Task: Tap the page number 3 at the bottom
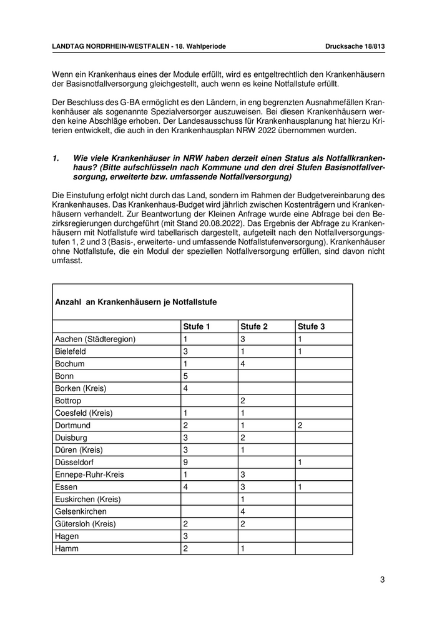(382, 580)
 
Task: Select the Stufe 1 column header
(197, 326)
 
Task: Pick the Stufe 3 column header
(312, 326)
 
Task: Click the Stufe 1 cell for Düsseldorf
(185, 462)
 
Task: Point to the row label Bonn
(65, 376)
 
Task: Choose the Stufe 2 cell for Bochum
(243, 363)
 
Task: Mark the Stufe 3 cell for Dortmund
(300, 425)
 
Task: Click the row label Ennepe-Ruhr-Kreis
(89, 475)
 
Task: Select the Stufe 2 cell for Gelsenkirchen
(243, 511)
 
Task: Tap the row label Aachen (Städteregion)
(96, 339)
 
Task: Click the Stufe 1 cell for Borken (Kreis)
(185, 388)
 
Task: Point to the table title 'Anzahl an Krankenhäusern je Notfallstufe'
(136, 302)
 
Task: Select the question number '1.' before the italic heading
(56, 159)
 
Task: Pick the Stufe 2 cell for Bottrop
(243, 400)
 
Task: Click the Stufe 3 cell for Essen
(300, 487)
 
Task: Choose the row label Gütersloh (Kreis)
(86, 524)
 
